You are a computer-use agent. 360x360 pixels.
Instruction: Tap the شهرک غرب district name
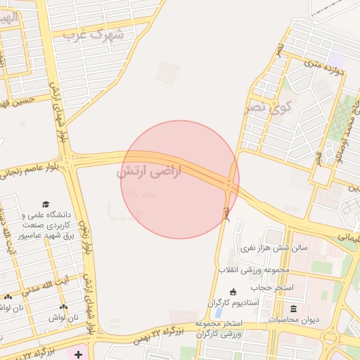tap(93, 34)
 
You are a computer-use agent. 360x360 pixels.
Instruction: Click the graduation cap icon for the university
tap(46, 204)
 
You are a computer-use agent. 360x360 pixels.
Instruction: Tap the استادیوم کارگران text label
tap(233, 302)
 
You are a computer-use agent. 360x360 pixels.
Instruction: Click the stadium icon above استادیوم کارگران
tap(233, 292)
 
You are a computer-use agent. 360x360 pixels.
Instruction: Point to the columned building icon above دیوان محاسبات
tap(293, 309)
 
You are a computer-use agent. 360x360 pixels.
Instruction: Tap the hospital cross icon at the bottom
tap(78, 354)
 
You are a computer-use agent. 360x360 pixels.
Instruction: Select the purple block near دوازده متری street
tap(338, 57)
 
